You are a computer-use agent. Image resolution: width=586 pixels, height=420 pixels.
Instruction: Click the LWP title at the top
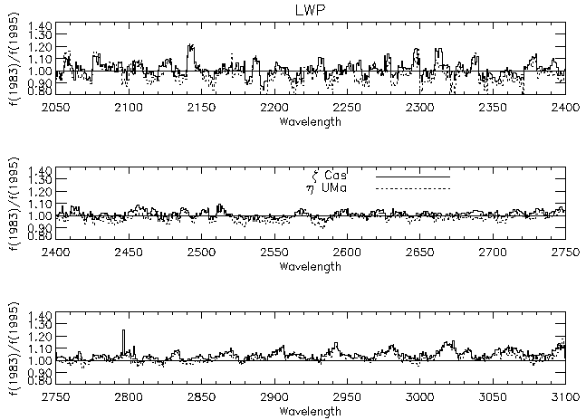[x=311, y=9]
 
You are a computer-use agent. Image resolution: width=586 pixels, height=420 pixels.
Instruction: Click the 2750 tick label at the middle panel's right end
[x=564, y=254]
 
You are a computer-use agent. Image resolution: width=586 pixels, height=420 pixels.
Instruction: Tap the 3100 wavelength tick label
[x=563, y=397]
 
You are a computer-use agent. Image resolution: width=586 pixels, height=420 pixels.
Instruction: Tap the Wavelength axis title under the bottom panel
[x=311, y=410]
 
